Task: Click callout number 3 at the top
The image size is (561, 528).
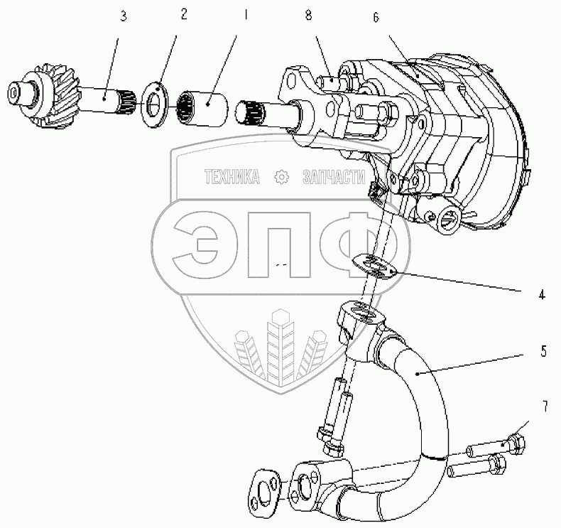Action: click(x=124, y=16)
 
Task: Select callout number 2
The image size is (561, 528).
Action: click(x=184, y=14)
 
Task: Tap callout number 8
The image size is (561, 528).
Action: click(x=308, y=15)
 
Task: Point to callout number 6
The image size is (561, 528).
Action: click(x=376, y=17)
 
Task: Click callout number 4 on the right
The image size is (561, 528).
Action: click(x=542, y=295)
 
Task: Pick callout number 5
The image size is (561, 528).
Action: click(x=544, y=351)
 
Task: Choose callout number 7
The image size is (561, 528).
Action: click(x=545, y=406)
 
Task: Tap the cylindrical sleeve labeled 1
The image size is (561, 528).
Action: click(x=202, y=109)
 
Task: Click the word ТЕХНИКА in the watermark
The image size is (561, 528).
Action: click(x=232, y=176)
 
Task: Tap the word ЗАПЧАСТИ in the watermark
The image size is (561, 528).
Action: click(x=334, y=177)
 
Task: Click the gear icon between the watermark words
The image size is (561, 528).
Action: click(x=282, y=177)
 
